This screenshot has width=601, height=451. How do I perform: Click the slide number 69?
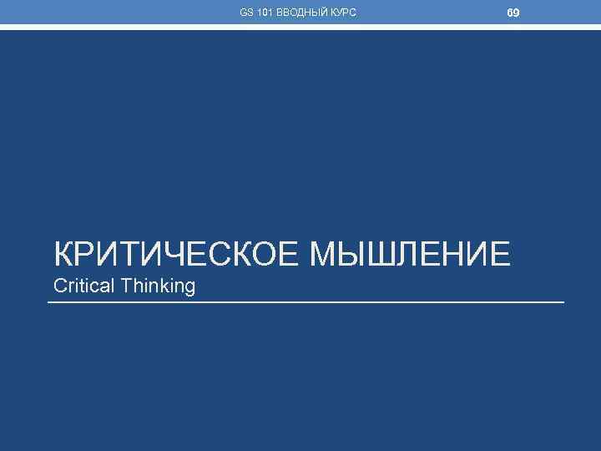click(513, 13)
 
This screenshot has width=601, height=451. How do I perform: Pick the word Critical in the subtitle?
click(84, 286)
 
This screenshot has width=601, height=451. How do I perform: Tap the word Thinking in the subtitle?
click(158, 286)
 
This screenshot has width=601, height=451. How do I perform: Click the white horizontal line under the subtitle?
click(306, 302)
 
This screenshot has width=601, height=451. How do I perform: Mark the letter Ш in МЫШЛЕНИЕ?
click(381, 252)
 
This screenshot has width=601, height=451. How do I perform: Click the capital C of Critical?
click(59, 286)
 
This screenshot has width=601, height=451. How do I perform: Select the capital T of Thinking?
click(126, 286)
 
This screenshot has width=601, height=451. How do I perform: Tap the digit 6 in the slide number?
click(510, 13)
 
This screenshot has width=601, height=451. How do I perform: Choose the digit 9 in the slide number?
click(517, 13)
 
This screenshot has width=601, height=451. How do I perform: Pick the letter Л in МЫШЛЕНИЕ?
click(409, 252)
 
